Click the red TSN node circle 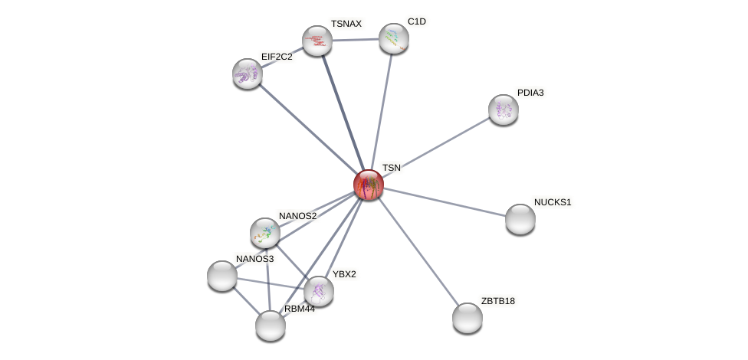368,185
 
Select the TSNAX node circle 317,41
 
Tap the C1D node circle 394,38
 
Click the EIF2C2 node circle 248,74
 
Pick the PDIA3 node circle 504,110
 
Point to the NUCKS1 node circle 520,219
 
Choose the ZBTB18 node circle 467,318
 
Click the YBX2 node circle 319,291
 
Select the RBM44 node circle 271,326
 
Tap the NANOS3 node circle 222,276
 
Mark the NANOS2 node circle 265,233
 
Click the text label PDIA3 530,93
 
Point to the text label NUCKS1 553,202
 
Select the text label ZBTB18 498,301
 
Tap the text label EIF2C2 277,57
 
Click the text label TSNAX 346,24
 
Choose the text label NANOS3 254,259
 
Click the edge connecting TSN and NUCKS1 445,201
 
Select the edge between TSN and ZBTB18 418,251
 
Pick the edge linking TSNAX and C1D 356,39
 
